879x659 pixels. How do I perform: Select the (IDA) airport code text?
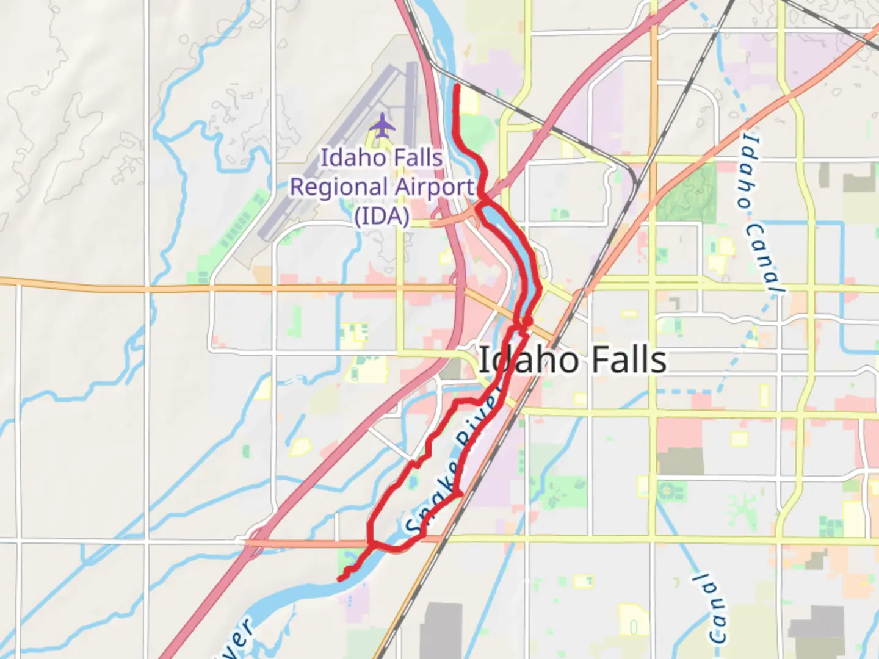click(382, 216)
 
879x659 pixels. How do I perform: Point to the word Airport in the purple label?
click(434, 187)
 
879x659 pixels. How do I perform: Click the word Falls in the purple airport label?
click(418, 158)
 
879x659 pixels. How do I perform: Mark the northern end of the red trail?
click(457, 87)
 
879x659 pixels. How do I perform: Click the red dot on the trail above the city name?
click(527, 320)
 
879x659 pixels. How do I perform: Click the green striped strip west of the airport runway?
click(235, 231)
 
